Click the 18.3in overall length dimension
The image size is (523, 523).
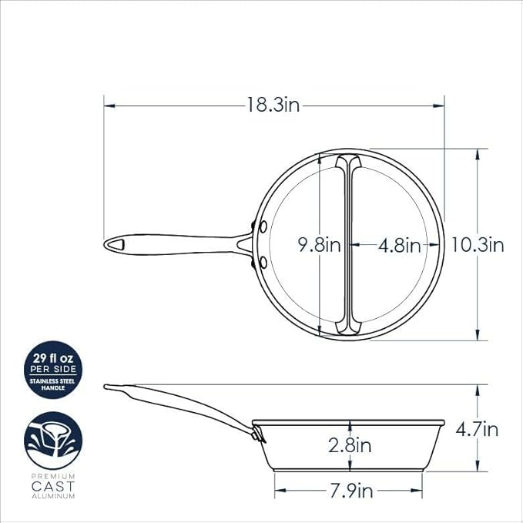[273, 105]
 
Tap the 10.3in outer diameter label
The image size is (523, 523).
[478, 245]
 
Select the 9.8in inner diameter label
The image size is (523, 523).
[319, 245]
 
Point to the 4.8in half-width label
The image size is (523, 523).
[400, 246]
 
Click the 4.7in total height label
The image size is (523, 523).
[477, 429]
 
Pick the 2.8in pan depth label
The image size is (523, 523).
[350, 445]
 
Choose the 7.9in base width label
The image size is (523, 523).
[351, 491]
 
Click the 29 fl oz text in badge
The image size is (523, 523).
[53, 359]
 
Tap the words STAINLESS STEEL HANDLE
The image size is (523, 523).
[53, 384]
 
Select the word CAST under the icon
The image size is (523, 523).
[53, 486]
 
